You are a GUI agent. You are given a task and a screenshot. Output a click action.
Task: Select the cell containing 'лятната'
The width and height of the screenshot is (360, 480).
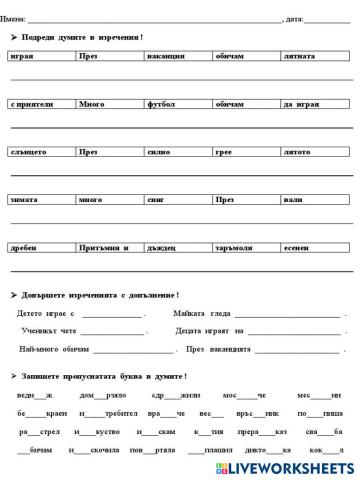click(300, 57)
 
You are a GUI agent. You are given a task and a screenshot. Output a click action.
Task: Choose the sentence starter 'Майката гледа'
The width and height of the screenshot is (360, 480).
click(207, 313)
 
